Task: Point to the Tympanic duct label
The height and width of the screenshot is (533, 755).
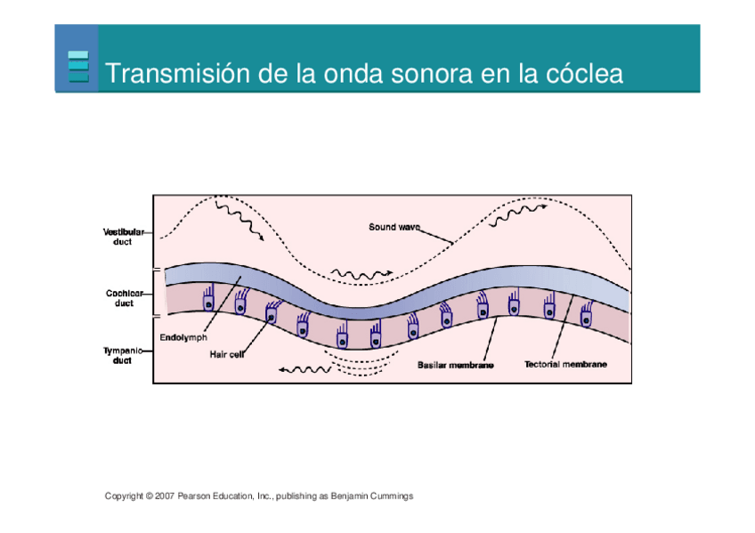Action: pos(123,355)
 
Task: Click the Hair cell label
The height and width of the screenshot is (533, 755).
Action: pos(227,354)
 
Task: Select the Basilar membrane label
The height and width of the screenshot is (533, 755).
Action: pos(456,365)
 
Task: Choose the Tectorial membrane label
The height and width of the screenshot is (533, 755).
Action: pos(566,365)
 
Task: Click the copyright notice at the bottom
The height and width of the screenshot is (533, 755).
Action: pos(258,496)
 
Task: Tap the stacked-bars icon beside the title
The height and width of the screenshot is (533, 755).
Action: pos(78,67)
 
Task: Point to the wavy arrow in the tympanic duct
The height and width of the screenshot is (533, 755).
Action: pos(303,368)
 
